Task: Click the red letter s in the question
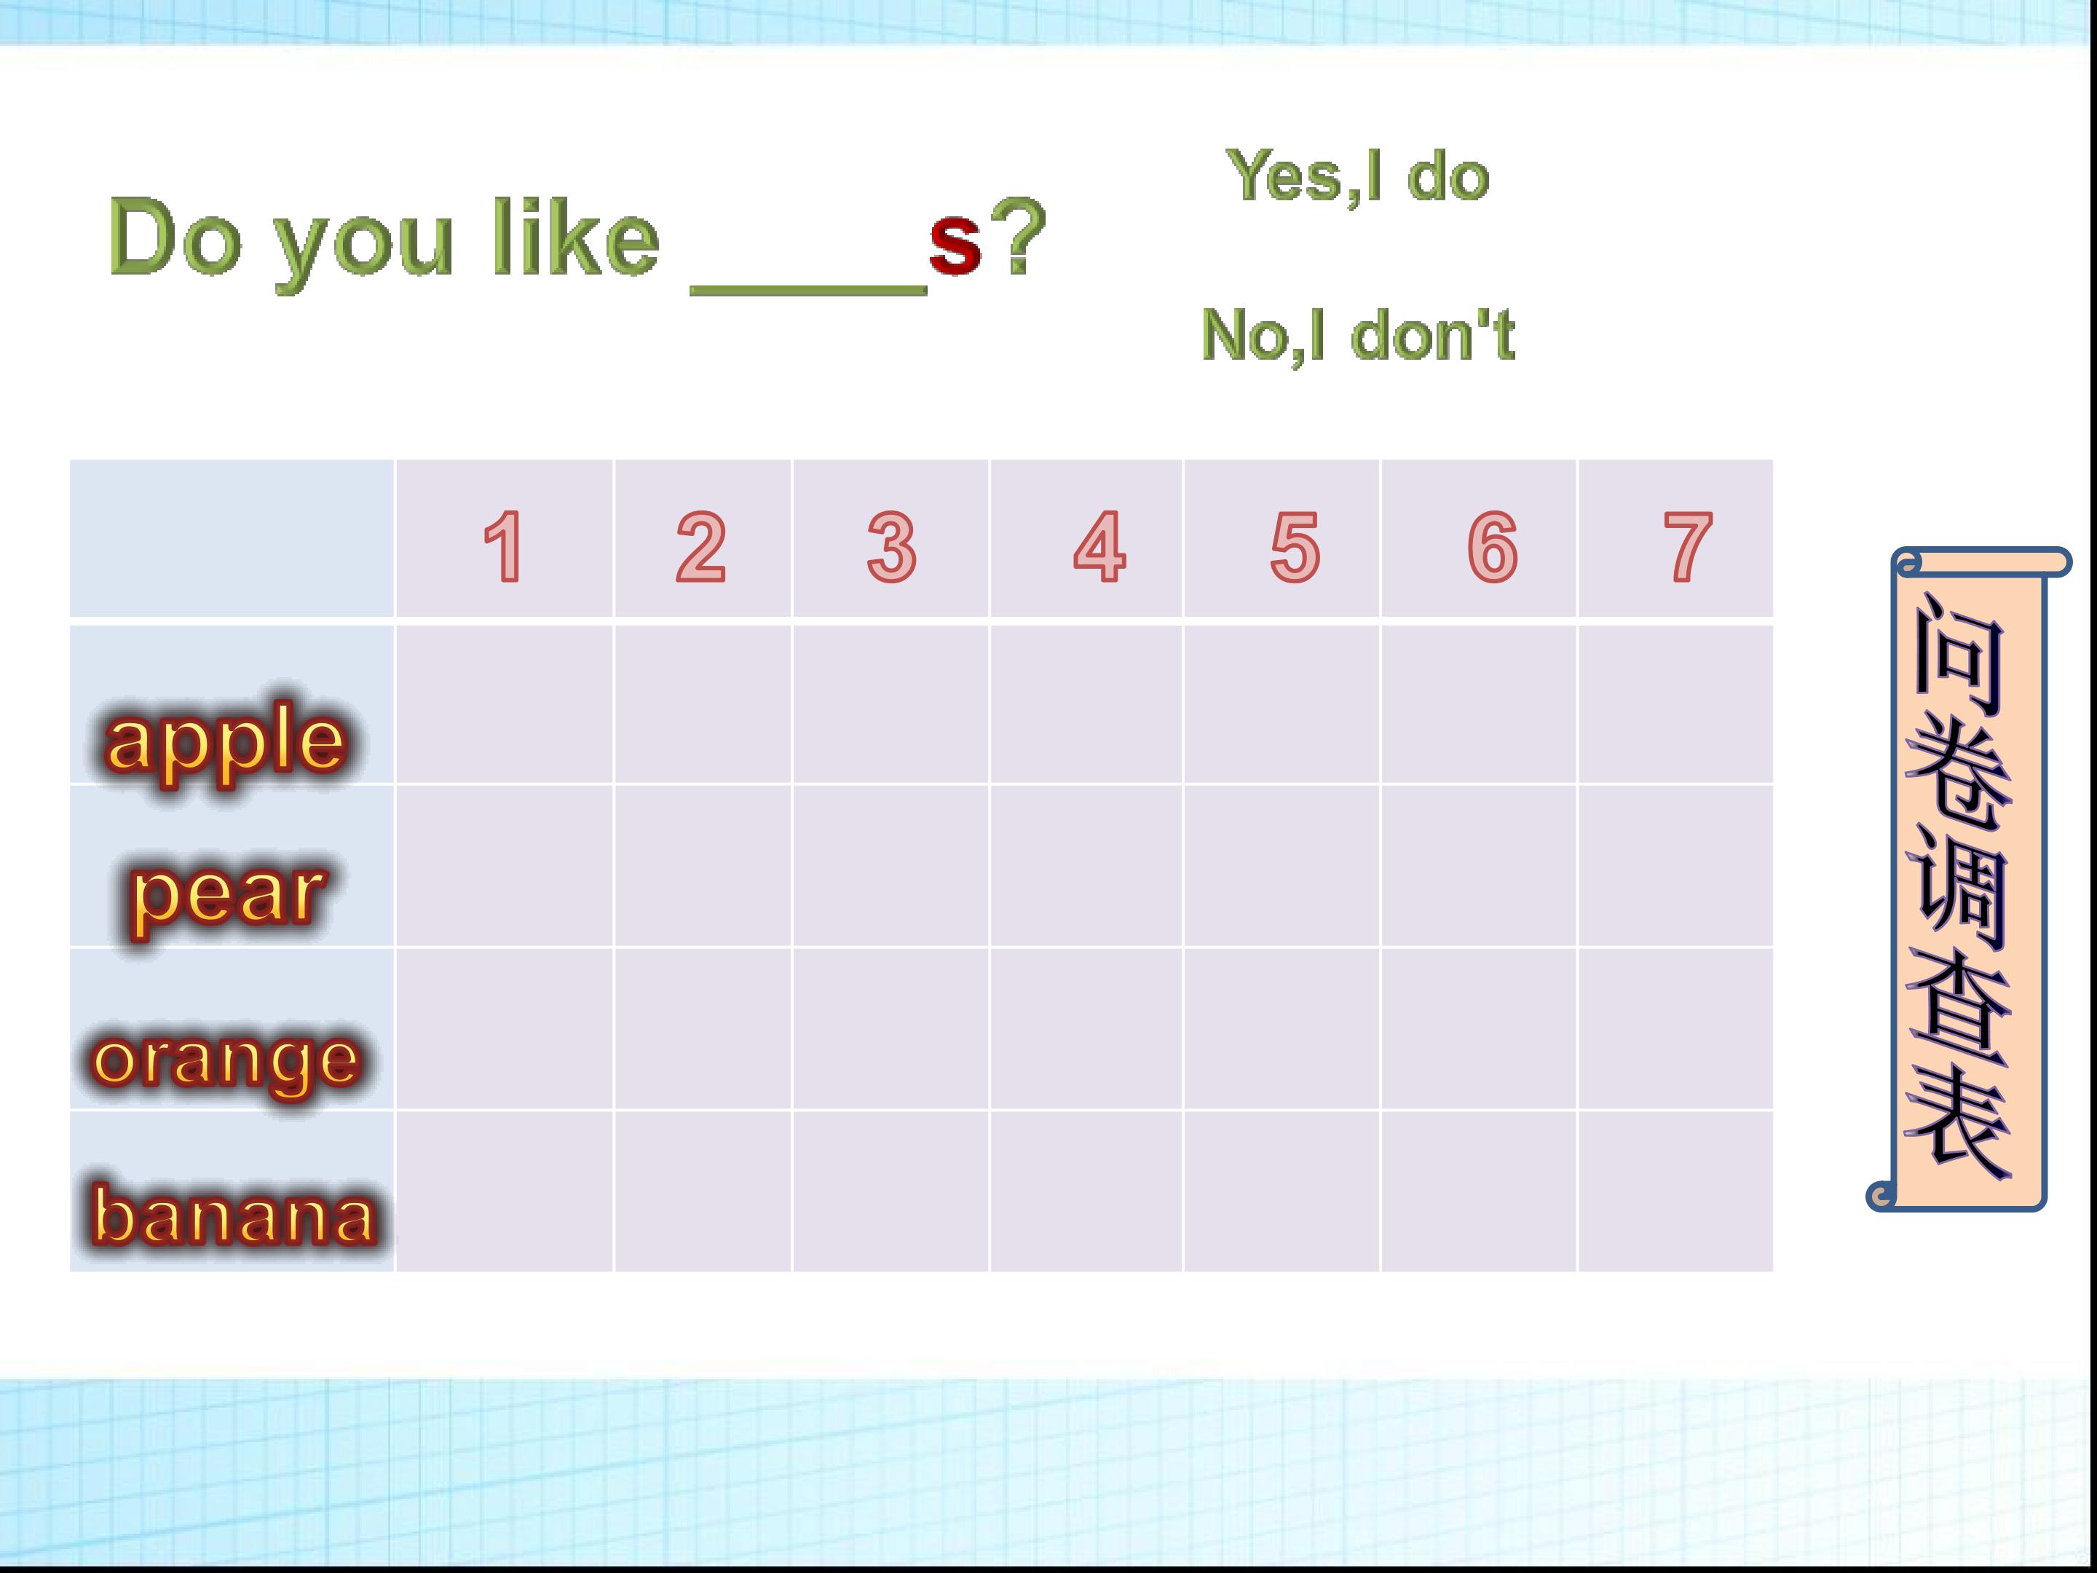[955, 242]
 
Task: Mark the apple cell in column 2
[703, 703]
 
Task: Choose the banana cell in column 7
[1675, 1191]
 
